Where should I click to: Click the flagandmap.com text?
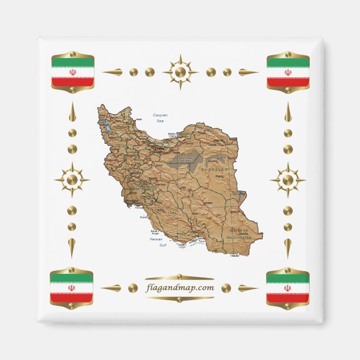179,287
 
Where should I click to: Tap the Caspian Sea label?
160,117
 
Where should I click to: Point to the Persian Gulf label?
159,241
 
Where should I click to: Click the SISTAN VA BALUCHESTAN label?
240,233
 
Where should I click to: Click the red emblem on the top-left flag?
72,72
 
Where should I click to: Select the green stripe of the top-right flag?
288,61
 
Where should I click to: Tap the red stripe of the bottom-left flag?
72,298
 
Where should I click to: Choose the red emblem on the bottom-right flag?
287,288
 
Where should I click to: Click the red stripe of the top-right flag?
288,82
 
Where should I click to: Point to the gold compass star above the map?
180,72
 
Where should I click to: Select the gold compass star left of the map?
72,180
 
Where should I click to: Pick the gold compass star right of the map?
287,180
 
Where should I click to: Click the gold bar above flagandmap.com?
179,277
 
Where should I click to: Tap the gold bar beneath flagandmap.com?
179,299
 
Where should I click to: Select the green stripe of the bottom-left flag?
72,277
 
